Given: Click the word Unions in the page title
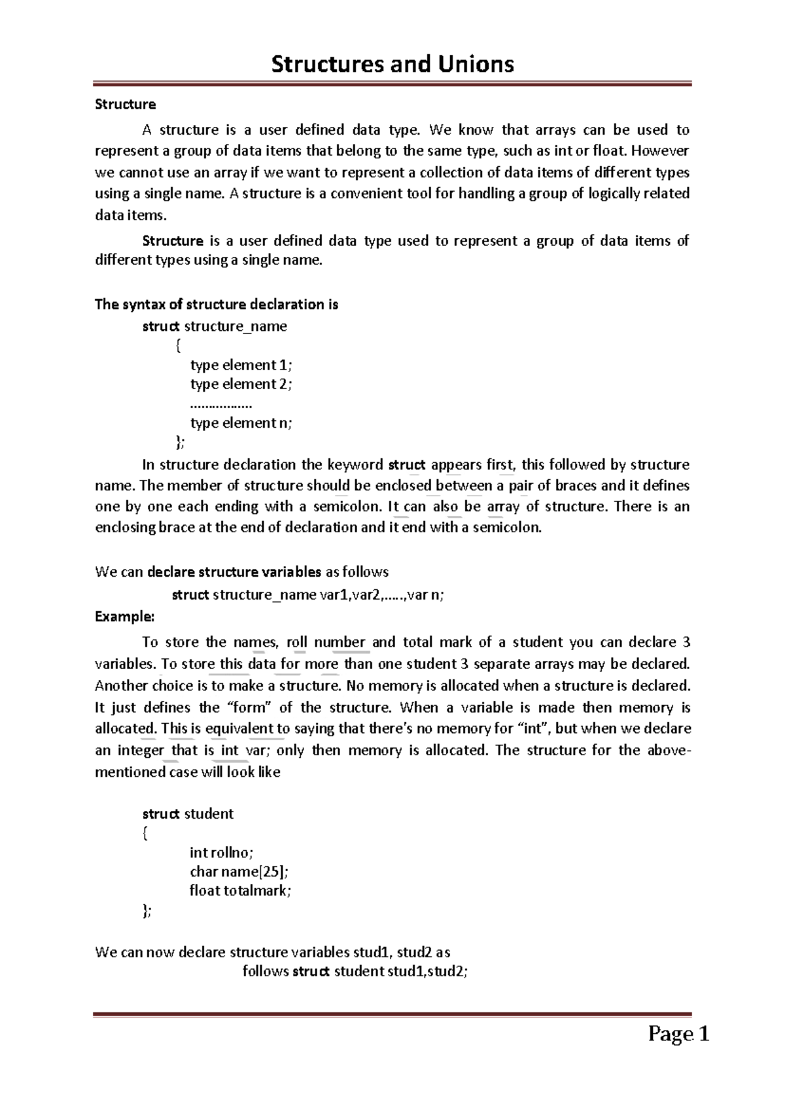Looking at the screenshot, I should point(476,64).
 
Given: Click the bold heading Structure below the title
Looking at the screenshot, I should point(125,105).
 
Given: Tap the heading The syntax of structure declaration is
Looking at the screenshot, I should point(217,305).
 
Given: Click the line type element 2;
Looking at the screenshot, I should point(241,384).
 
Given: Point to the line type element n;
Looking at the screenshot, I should point(241,423).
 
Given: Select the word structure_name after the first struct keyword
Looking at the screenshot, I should point(235,326).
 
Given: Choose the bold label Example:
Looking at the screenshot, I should point(124,617).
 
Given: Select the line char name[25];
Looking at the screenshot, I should point(238,872).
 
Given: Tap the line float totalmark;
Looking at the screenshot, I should point(239,891).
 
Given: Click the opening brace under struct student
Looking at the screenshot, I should point(145,833).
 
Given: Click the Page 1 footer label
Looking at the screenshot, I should point(678,1034).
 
